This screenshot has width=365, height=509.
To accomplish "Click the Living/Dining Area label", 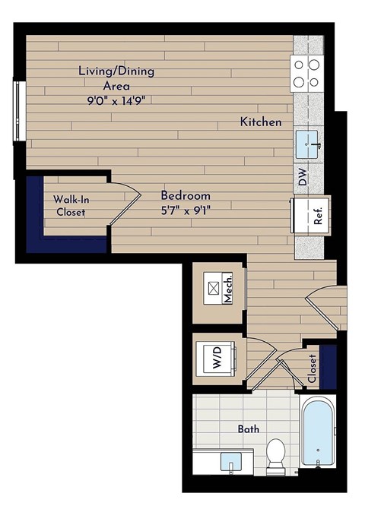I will pyautogui.click(x=116, y=71).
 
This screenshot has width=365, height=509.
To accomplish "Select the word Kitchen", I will pyautogui.click(x=261, y=122).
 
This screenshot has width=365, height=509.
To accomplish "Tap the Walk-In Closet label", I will pyautogui.click(x=70, y=206).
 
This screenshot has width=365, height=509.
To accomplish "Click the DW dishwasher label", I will pyautogui.click(x=303, y=179).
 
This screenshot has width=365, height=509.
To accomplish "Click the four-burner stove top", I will pyautogui.click(x=308, y=74).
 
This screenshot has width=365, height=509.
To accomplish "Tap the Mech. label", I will pyautogui.click(x=227, y=289).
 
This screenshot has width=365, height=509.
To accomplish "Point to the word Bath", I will pyautogui.click(x=249, y=429).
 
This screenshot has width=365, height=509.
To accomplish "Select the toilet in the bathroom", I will pyautogui.click(x=275, y=454).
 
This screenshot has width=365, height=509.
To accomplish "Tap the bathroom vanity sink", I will pyautogui.click(x=228, y=461).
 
